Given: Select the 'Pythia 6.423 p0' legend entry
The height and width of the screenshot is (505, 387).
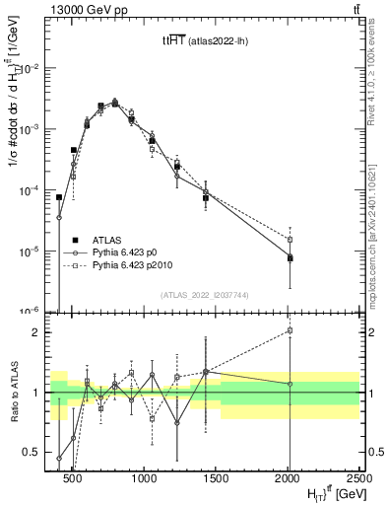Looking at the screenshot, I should point(123,252).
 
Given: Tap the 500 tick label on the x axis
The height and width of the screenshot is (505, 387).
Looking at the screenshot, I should point(72,479).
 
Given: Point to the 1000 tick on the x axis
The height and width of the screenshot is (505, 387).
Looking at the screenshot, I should point(144,479).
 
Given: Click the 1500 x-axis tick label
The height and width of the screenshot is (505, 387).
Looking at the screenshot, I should point(217,479).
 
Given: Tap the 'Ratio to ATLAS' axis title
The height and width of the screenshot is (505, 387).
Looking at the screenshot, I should point(12,392).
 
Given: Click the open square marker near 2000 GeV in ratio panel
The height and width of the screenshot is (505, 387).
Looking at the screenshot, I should point(290,331).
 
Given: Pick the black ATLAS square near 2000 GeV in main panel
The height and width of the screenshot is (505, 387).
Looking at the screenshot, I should point(290,257).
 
